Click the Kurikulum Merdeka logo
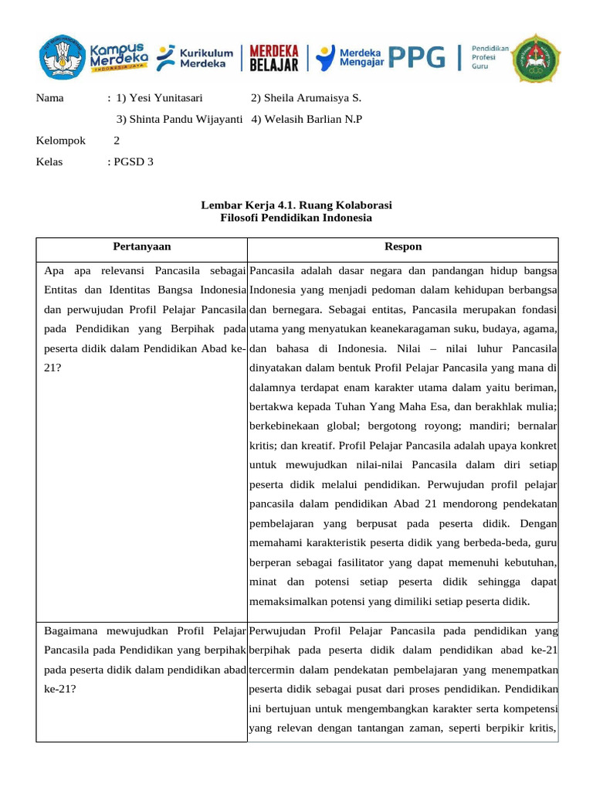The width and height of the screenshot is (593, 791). point(195,57)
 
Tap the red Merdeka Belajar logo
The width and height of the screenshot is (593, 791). point(274,57)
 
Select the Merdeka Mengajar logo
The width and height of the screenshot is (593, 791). point(351,56)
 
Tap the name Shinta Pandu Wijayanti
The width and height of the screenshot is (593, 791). point(180,119)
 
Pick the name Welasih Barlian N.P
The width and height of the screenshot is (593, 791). point(307,119)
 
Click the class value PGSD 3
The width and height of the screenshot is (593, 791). point(133,161)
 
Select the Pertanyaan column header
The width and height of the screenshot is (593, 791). point(142,246)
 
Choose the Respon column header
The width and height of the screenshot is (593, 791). point(403,246)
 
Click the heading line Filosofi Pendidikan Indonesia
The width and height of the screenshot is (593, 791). point(296,218)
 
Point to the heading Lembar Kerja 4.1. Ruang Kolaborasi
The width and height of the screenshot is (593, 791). point(296,205)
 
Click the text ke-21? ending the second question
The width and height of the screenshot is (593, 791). point(60,686)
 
